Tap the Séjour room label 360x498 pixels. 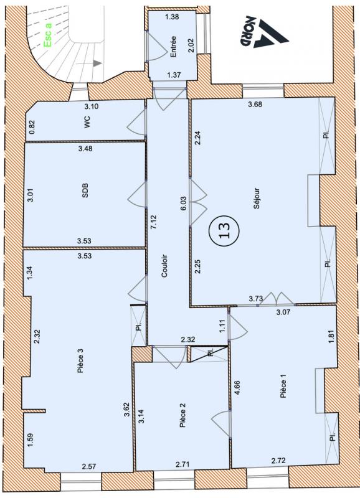(x=257, y=199)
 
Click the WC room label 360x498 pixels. (x=87, y=122)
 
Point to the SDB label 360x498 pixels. (x=85, y=191)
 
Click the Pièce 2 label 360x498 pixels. (x=182, y=415)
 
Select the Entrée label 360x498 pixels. (x=173, y=46)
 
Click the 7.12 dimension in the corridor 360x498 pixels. (x=154, y=222)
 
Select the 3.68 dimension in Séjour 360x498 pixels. (x=255, y=104)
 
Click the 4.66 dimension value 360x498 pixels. (x=237, y=387)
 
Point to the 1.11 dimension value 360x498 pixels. (x=222, y=326)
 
